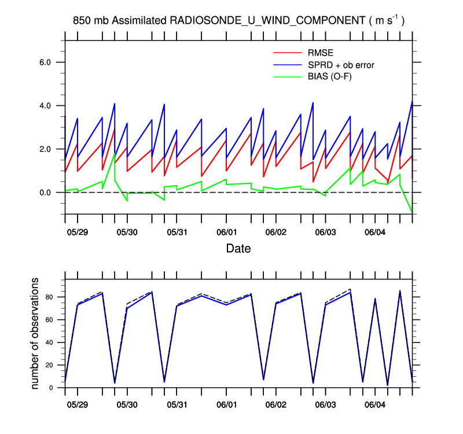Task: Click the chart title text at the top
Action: click(x=238, y=21)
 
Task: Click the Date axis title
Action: click(x=238, y=249)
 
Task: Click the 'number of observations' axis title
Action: click(x=35, y=333)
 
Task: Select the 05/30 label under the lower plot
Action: click(x=127, y=404)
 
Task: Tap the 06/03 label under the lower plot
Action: click(x=325, y=404)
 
